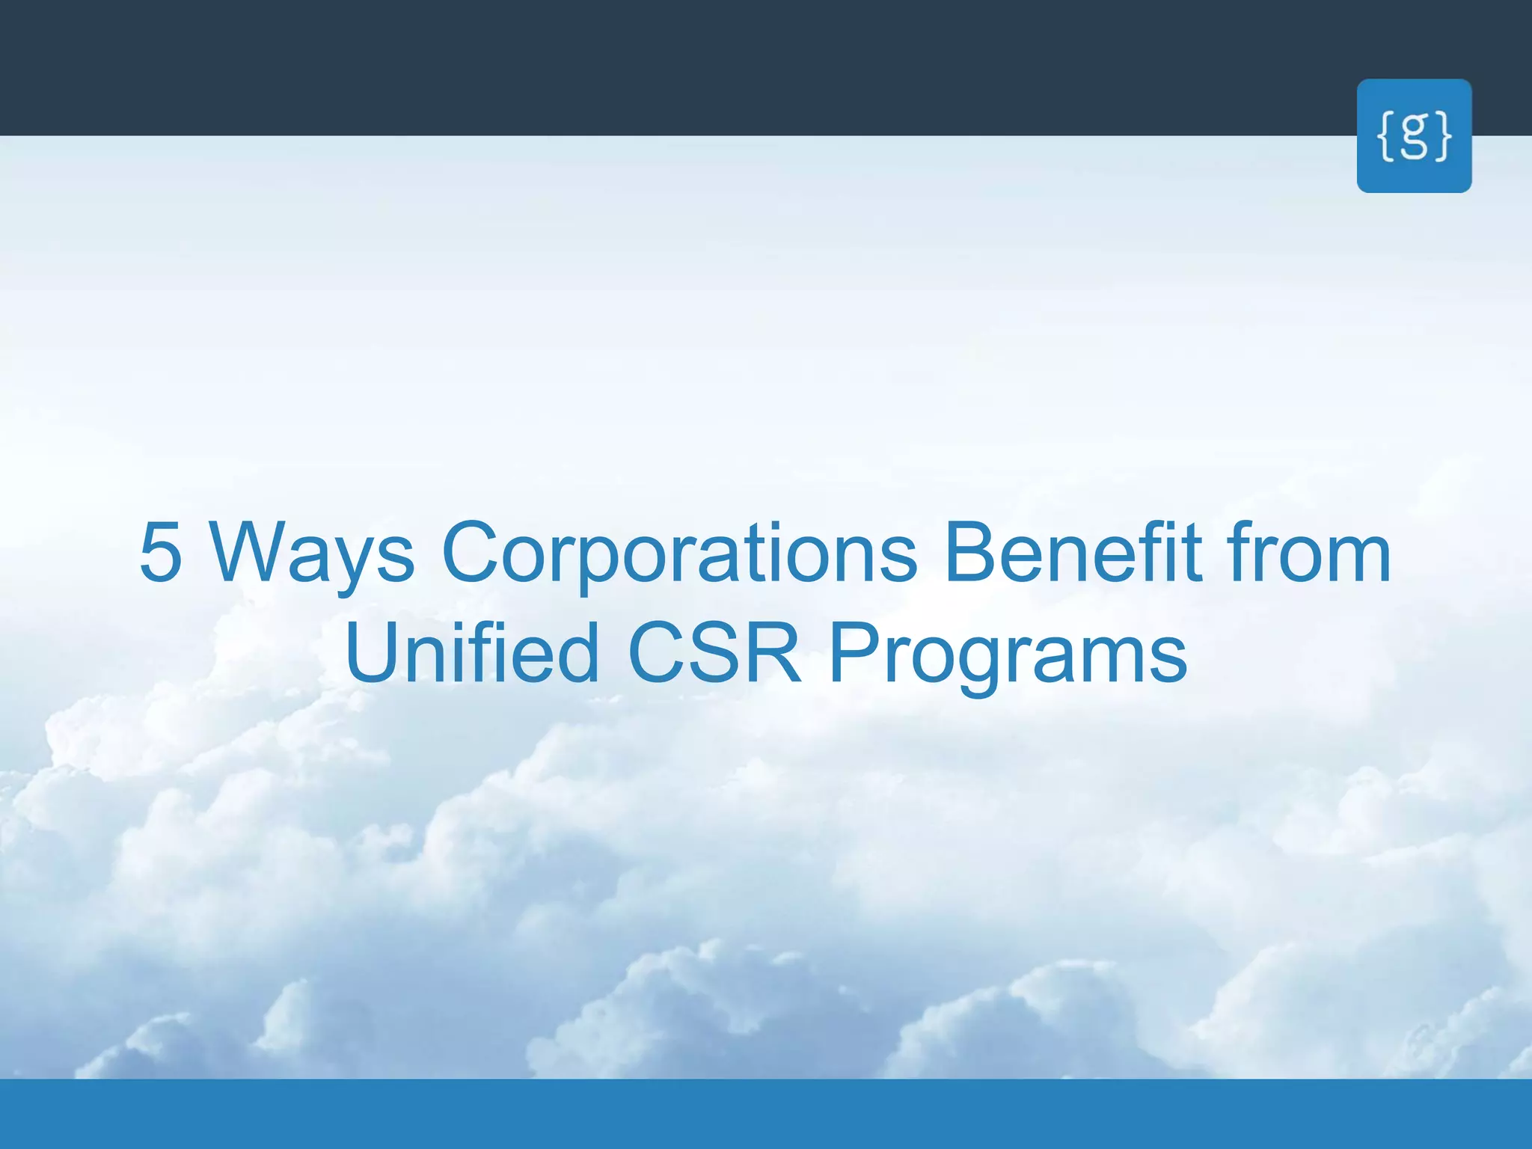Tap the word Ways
311,554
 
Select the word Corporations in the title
679,554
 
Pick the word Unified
471,652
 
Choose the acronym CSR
715,652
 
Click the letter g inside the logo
1414,136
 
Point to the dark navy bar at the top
673,67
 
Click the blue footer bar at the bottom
766,1114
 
